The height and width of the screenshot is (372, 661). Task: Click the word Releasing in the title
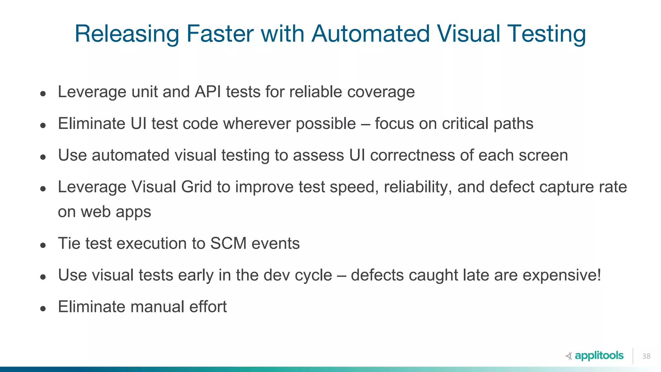(x=127, y=34)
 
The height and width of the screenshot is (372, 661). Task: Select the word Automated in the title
(x=371, y=34)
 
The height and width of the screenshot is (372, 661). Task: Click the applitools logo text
(x=599, y=356)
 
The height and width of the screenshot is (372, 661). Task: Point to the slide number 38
(x=646, y=356)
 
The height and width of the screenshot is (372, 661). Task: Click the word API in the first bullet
(x=208, y=92)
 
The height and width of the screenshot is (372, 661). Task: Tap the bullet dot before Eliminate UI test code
(x=43, y=125)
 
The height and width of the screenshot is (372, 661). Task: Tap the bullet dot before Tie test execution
(x=43, y=245)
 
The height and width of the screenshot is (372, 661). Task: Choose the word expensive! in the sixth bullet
(x=562, y=275)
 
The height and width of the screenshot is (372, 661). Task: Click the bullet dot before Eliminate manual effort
(x=43, y=309)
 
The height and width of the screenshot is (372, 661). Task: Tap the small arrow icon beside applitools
(x=569, y=356)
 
